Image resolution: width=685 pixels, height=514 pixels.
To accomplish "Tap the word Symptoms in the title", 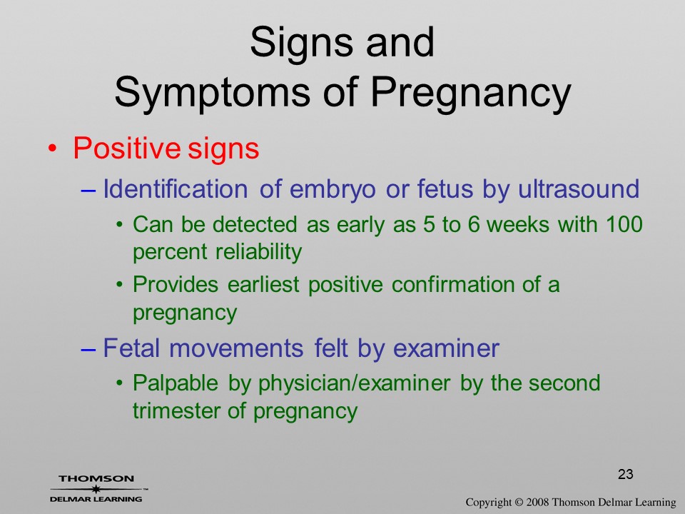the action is coord(213,93).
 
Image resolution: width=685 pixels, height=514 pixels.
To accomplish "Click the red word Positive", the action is coord(126,148).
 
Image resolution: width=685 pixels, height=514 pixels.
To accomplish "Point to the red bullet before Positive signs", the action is coord(52,148).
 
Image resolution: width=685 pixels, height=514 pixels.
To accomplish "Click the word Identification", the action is coord(176,188).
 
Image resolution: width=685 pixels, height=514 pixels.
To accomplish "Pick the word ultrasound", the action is coord(579,188).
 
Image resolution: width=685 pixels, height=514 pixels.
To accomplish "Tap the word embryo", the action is coord(333,190).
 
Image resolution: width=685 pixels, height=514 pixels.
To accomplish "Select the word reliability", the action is coord(258,252).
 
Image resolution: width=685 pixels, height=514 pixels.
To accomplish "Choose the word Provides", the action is coord(176,285).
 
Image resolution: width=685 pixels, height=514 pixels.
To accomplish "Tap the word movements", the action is coord(236,349).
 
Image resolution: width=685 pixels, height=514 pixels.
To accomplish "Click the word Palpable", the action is coord(176,383).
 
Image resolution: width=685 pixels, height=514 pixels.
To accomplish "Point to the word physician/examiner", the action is coord(355,384).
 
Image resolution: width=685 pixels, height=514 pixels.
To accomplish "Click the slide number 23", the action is coord(626,474).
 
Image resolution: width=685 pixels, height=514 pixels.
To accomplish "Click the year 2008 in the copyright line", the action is coord(537,503).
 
